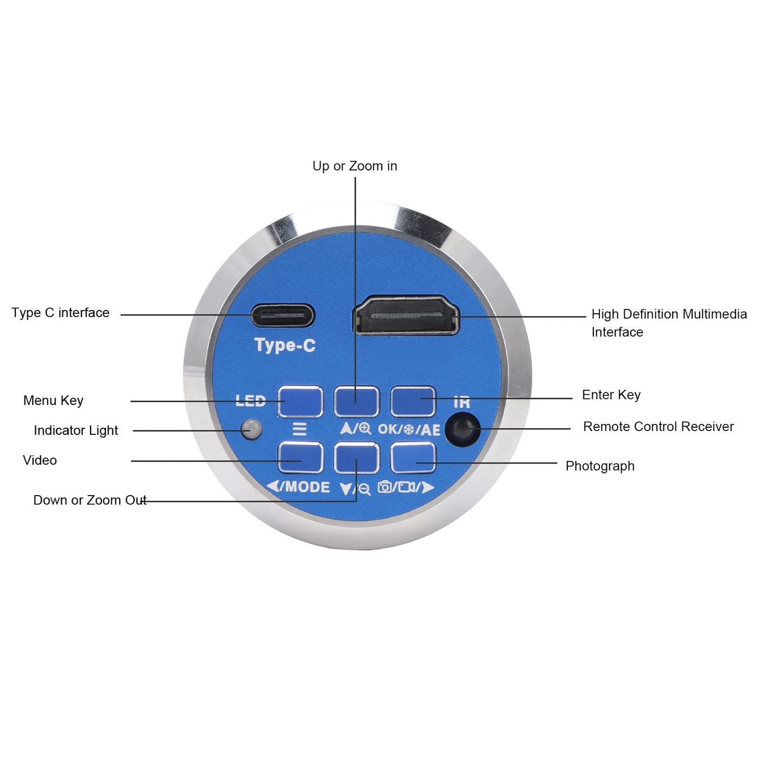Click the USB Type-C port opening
(x=282, y=315)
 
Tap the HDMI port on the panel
(x=406, y=315)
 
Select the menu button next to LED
(x=301, y=402)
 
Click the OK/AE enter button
(x=413, y=402)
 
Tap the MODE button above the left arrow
(x=301, y=458)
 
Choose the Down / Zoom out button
(x=357, y=458)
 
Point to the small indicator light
(x=251, y=429)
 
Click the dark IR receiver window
(x=463, y=429)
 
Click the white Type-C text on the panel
(x=285, y=345)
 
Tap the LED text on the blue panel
(x=250, y=401)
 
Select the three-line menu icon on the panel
(x=300, y=429)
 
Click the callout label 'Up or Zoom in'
(x=354, y=166)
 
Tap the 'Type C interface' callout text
(x=60, y=313)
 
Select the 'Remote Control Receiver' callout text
(x=658, y=426)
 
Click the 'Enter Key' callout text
(x=611, y=395)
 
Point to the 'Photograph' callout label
(x=600, y=466)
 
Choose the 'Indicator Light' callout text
(x=75, y=430)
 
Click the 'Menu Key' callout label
(x=53, y=401)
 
